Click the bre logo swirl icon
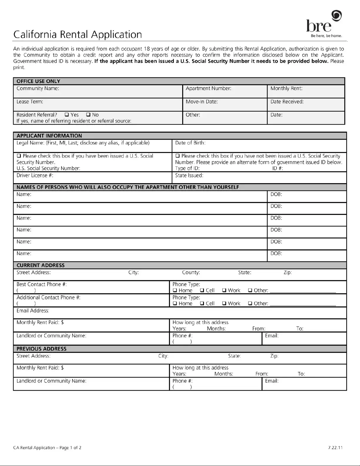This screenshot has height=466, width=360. pos(336,15)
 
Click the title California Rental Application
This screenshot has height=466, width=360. pos(78,35)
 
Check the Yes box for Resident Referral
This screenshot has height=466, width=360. pos(67,115)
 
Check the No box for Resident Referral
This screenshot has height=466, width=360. pos(88,115)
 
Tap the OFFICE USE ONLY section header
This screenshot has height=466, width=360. pos(38,81)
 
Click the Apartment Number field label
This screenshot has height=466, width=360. pos(208,88)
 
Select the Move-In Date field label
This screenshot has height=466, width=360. pos(202,101)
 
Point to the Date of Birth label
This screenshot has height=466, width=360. pos(190,143)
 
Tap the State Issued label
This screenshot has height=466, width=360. pos(189,175)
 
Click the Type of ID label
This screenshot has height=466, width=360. pos(187,168)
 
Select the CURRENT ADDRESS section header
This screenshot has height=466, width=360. pos(40,265)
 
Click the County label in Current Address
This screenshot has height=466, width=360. pos(191,272)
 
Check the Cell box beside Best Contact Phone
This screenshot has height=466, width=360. pos(202,290)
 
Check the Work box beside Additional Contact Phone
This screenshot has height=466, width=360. pos(224,303)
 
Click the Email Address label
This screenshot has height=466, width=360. pos(33,310)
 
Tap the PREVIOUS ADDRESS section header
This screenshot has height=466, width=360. pos(41,349)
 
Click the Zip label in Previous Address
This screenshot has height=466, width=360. pos(274,356)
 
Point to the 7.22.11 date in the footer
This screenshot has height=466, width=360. pos(335,448)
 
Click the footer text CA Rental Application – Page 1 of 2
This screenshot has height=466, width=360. pos(47,448)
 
